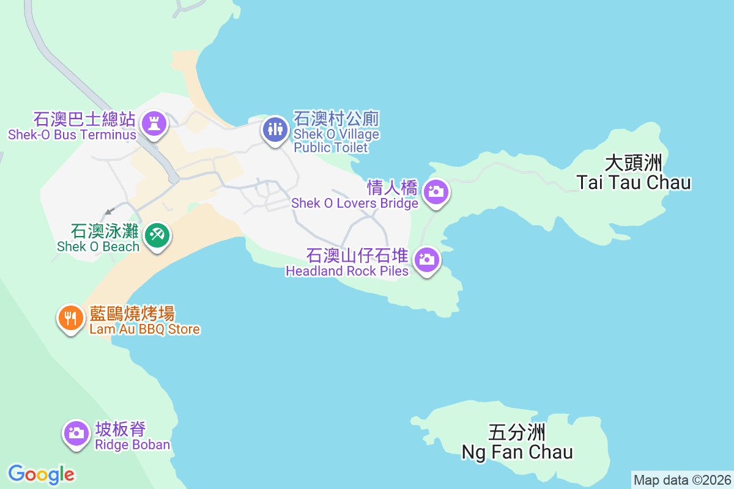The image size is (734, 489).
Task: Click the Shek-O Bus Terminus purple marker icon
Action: click(x=154, y=123)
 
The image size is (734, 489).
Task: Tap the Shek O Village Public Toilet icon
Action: click(x=275, y=129)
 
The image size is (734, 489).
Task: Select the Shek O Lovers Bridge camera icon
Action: click(x=436, y=192)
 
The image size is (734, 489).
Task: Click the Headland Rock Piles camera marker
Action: click(x=427, y=260)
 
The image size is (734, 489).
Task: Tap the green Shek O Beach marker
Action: click(x=157, y=235)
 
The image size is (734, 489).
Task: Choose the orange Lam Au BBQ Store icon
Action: click(x=72, y=318)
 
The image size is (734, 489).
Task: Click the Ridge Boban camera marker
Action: click(x=76, y=433)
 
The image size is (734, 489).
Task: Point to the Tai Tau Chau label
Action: click(x=634, y=182)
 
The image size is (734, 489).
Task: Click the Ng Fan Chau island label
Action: click(x=517, y=452)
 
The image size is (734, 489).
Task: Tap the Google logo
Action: click(x=42, y=474)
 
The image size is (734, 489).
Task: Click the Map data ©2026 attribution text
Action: click(x=681, y=479)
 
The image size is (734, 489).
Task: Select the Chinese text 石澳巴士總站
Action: click(x=84, y=119)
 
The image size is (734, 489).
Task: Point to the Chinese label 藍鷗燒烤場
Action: click(x=132, y=314)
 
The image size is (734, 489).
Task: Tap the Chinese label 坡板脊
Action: click(x=120, y=429)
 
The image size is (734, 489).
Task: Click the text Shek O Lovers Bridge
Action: click(x=355, y=203)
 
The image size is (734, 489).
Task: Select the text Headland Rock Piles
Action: click(x=347, y=271)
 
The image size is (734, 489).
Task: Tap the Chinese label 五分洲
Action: click(x=517, y=433)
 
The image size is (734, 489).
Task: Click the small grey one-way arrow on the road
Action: click(x=109, y=211)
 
